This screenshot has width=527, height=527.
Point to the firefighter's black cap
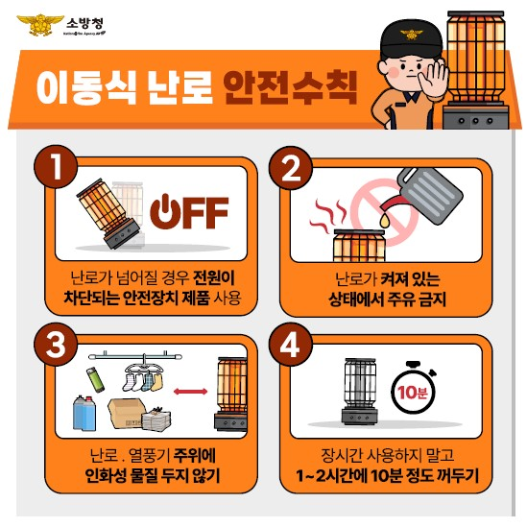(x=404, y=38)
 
